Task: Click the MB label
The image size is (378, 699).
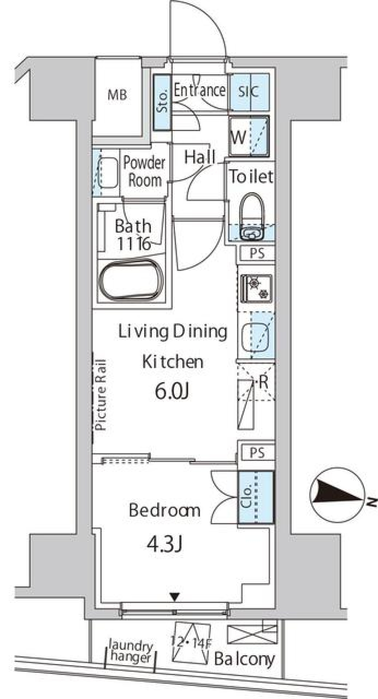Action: point(117,95)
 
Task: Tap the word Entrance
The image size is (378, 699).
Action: point(200,90)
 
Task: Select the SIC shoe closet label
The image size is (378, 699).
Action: point(248,92)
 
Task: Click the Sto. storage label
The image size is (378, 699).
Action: point(162,102)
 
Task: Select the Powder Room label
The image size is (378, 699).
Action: point(144,172)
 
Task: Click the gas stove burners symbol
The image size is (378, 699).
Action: point(257,288)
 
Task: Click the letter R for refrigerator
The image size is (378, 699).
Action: point(263,381)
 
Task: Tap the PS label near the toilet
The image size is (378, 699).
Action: point(257,254)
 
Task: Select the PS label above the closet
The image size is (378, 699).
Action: point(257,453)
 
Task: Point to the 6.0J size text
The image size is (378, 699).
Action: point(172,391)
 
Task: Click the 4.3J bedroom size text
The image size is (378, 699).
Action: point(165,545)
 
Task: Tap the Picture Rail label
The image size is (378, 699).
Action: point(102,395)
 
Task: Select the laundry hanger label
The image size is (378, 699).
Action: point(130,651)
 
